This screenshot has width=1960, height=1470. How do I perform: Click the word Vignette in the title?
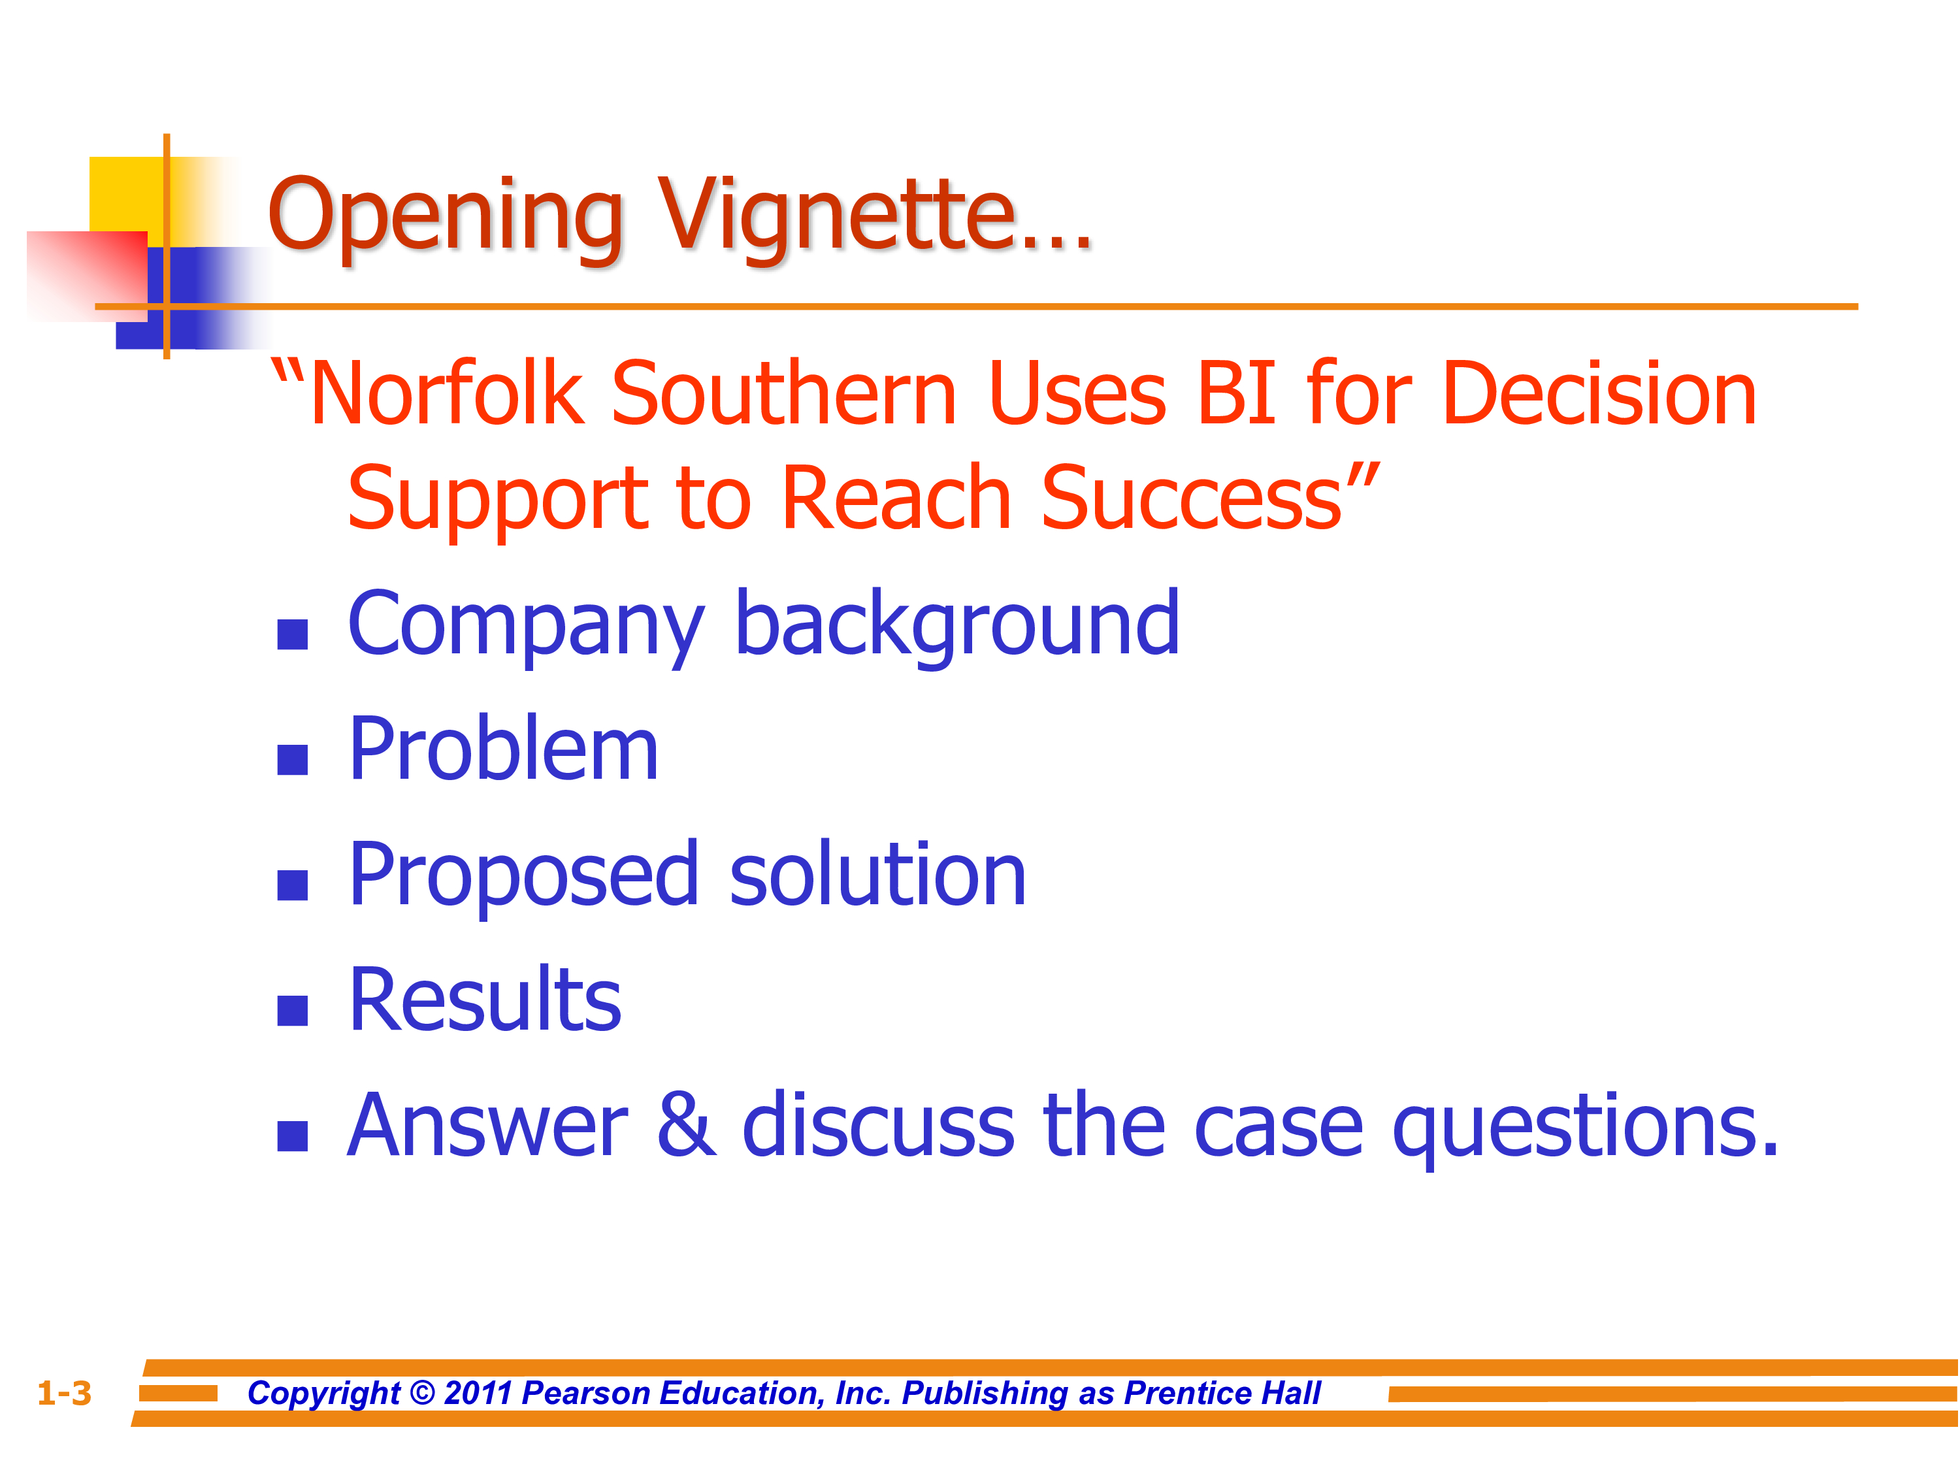point(875,217)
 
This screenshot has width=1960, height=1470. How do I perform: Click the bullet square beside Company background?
point(293,634)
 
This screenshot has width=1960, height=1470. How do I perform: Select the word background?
point(958,625)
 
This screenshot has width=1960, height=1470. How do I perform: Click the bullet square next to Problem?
point(293,759)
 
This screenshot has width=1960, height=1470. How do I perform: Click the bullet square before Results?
point(293,1010)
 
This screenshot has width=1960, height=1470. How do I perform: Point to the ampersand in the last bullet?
point(687,1124)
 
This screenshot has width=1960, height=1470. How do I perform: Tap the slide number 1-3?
point(64,1393)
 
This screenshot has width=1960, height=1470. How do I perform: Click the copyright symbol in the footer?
point(423,1393)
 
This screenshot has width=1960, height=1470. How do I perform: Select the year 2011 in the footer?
point(478,1393)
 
